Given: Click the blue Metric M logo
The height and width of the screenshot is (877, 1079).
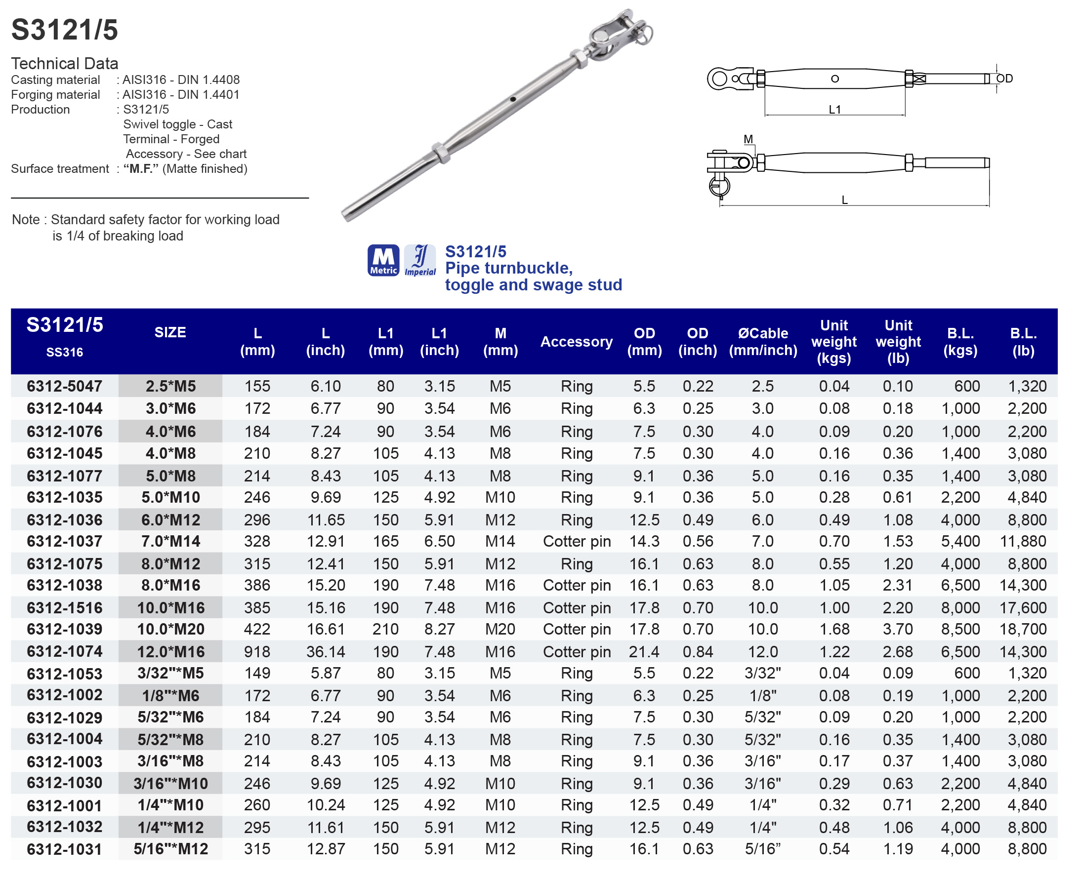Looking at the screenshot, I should [383, 260].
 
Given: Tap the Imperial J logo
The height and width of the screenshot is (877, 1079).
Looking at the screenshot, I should [420, 260].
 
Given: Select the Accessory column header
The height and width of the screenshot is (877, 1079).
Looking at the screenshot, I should [576, 342].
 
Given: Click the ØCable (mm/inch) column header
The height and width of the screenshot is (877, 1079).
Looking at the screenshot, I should [763, 342].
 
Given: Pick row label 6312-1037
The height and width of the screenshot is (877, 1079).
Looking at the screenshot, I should [64, 541].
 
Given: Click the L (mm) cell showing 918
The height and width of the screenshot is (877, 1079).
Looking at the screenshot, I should [257, 652].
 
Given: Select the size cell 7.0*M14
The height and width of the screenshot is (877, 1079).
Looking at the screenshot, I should [170, 541].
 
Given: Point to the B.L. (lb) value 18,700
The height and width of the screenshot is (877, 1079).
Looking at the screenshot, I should [1023, 629].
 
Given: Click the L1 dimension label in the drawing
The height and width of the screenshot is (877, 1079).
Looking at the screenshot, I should [834, 110].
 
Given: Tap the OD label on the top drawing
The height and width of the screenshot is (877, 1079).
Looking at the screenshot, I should [1004, 79].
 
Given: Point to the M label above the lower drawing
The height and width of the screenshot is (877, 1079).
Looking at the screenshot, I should [748, 139].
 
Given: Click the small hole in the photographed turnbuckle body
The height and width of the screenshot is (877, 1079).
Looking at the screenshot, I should [512, 99].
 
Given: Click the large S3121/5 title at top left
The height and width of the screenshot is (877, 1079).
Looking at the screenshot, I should [65, 29].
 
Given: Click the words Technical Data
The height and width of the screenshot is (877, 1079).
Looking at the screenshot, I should [65, 64].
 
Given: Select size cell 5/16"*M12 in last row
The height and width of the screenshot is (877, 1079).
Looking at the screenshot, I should [170, 849].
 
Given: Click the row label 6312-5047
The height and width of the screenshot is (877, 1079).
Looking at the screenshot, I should [64, 386].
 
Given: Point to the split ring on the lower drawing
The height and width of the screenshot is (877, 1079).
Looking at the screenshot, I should [719, 185].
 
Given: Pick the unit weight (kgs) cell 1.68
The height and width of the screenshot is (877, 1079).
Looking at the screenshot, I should [834, 629].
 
